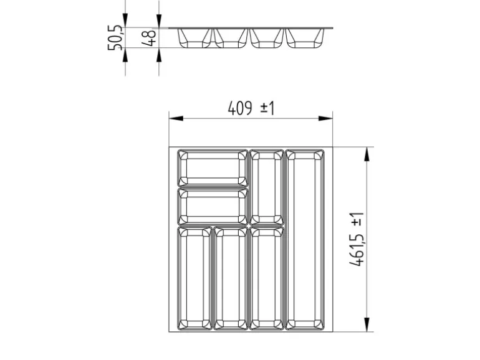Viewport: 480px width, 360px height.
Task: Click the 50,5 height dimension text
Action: pyautogui.click(x=115, y=38)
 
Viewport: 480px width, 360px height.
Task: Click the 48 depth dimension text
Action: pyautogui.click(x=149, y=37)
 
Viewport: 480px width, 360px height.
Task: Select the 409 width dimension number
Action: pyautogui.click(x=240, y=108)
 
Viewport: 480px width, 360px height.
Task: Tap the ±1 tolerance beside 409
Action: pyautogui.click(x=267, y=108)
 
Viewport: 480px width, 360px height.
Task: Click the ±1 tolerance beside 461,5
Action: pyautogui.click(x=357, y=220)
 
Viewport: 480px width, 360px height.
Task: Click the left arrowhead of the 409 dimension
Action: pyautogui.click(x=176, y=118)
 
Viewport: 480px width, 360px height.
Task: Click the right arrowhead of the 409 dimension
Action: pyautogui.click(x=325, y=118)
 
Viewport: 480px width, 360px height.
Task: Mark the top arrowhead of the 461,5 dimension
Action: pyautogui.click(x=367, y=154)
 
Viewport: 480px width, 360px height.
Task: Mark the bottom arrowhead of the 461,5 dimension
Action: pyautogui.click(x=367, y=324)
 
